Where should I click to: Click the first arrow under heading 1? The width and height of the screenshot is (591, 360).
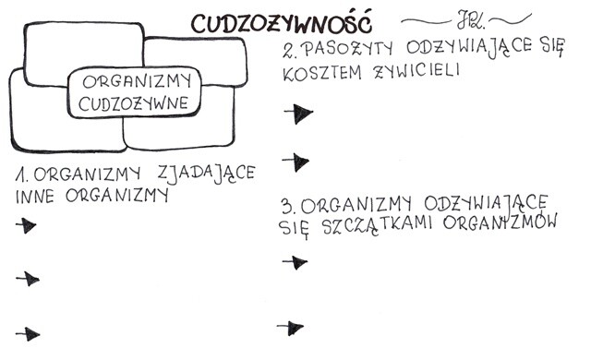27,225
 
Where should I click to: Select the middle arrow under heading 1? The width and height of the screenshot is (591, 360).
29,279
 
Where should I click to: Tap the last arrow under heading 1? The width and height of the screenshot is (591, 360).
29,334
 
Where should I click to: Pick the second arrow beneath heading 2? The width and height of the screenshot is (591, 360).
295,162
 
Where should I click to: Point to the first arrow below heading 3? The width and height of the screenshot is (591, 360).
293,262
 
